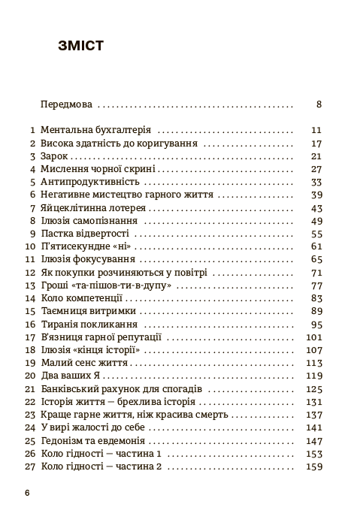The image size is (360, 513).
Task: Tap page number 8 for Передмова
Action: (319, 105)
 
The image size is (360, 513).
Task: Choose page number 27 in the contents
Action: (316, 169)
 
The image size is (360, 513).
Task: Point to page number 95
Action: (316, 324)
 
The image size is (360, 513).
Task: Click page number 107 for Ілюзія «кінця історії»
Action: (313, 350)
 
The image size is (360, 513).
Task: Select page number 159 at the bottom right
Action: (313, 467)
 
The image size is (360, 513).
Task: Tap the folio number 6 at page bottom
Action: (27, 493)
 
